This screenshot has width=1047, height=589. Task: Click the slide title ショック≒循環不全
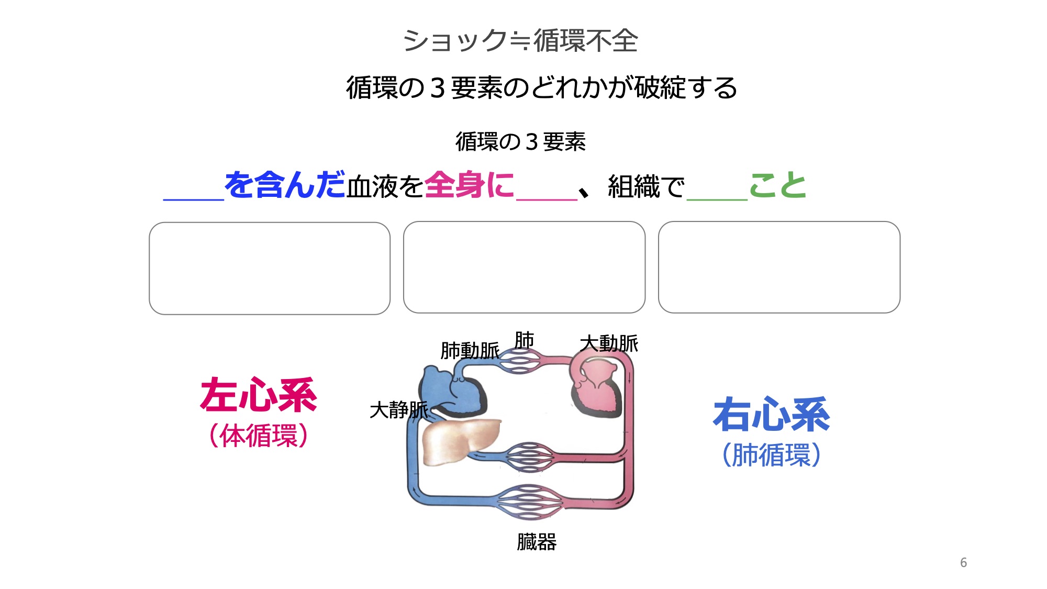click(520, 41)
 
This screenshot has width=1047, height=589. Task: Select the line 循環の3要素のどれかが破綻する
click(541, 87)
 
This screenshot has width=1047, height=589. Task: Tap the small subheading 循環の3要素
click(520, 142)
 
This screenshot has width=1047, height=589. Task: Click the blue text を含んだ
click(285, 185)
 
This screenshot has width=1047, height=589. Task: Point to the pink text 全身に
click(469, 185)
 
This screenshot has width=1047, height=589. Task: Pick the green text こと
click(777, 185)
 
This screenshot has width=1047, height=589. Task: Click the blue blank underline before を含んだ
click(194, 198)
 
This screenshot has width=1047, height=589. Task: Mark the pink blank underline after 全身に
click(547, 198)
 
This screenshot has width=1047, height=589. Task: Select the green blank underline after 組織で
click(717, 198)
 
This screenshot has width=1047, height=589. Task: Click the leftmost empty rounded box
click(270, 268)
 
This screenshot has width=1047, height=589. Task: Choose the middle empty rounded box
click(524, 267)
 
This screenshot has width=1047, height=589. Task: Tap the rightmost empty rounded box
click(779, 267)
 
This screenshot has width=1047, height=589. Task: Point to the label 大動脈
click(609, 344)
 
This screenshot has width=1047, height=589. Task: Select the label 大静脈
click(398, 410)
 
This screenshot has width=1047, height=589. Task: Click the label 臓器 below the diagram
click(537, 542)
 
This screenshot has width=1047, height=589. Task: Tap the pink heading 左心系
click(259, 395)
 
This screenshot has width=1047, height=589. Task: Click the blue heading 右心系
click(771, 415)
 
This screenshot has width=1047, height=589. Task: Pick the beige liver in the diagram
click(458, 441)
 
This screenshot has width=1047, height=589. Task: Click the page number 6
click(963, 563)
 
